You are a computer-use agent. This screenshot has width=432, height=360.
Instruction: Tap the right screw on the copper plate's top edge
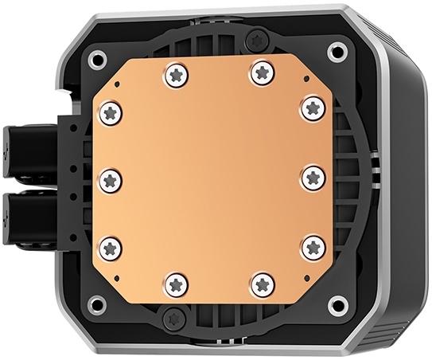262,73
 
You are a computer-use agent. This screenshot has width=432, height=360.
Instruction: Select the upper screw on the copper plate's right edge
312,108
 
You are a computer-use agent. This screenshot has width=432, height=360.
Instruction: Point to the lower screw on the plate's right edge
312,247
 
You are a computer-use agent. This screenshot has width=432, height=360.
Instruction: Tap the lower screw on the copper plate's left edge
111,247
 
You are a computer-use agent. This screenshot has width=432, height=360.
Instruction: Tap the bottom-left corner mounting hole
96,304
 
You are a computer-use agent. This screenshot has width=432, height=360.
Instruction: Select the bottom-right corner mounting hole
338,304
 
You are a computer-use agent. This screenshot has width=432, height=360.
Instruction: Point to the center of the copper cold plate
212,178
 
